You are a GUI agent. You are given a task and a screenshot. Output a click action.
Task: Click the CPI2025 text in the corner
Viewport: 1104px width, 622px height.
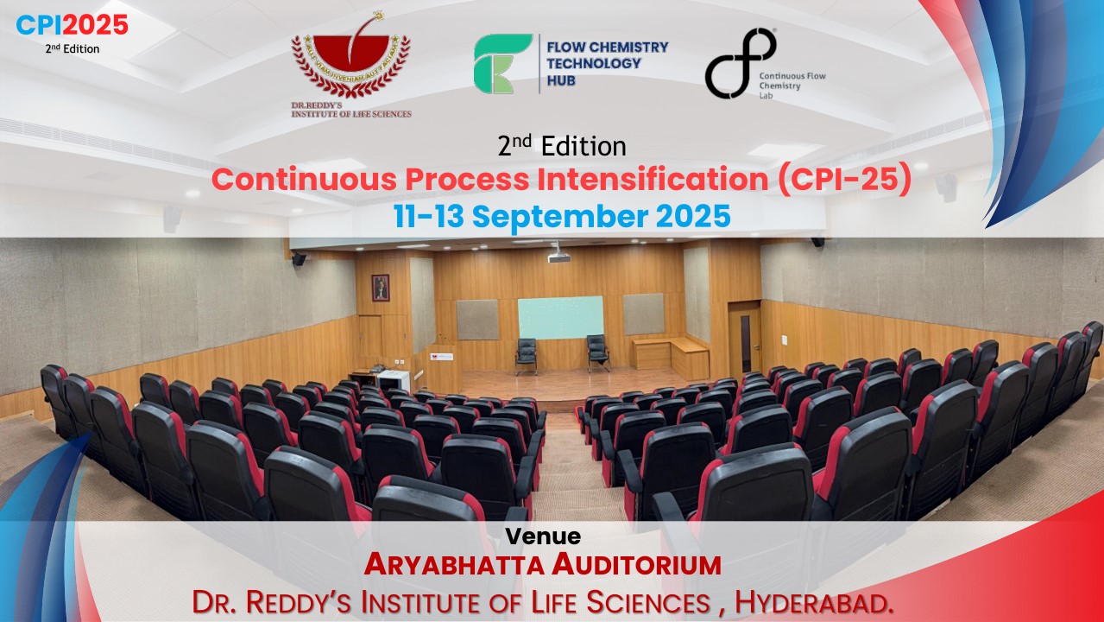click(x=73, y=26)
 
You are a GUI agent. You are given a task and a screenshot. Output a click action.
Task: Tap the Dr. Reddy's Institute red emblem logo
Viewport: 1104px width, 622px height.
click(x=350, y=66)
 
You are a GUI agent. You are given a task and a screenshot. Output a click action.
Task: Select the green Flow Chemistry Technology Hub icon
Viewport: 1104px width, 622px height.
click(x=502, y=64)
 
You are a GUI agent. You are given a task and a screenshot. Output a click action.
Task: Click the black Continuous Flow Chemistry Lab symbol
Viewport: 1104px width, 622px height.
click(x=740, y=63)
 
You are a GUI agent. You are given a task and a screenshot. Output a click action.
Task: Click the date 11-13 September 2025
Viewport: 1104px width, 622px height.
click(x=562, y=216)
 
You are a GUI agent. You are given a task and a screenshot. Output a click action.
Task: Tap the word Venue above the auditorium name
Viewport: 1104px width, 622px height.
click(x=543, y=536)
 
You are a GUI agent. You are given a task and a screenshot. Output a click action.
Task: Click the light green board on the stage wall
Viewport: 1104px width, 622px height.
click(x=560, y=318)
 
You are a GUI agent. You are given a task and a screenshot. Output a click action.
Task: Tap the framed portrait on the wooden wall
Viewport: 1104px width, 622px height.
click(x=381, y=288)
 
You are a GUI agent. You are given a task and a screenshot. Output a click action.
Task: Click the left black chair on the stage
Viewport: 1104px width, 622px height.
click(x=527, y=354)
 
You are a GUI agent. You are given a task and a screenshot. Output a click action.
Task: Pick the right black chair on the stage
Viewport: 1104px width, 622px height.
click(x=597, y=352)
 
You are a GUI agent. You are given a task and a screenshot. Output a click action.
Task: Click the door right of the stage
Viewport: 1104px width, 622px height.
click(x=744, y=341)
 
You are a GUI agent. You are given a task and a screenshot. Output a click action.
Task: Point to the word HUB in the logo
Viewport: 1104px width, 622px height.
click(x=560, y=80)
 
